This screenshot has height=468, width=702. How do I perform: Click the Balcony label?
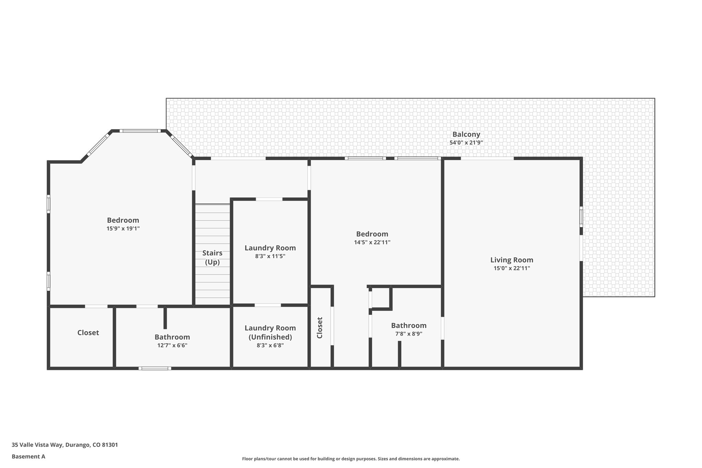466,134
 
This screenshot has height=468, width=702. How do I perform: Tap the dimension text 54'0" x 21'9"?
466,143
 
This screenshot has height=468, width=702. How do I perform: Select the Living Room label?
511,260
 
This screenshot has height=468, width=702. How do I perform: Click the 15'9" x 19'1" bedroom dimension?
123,228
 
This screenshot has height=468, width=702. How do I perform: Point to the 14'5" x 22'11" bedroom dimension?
372,242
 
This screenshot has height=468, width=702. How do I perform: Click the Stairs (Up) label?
212,257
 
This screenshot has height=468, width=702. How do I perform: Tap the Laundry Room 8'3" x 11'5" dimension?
270,256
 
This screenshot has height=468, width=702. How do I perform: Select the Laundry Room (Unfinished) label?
270,332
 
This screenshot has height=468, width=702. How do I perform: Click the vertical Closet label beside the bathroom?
320,328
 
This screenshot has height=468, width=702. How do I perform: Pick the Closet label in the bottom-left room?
88,333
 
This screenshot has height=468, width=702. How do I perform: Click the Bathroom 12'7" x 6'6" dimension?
172,345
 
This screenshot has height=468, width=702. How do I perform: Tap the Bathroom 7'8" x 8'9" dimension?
409,334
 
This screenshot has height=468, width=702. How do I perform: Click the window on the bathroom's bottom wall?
155,368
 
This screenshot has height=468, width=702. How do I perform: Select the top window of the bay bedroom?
140,131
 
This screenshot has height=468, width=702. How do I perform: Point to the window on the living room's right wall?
581,216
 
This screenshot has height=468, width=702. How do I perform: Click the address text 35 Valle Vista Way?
65,445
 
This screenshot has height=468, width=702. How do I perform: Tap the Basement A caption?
28,456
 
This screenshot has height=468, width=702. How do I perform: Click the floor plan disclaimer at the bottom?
351,459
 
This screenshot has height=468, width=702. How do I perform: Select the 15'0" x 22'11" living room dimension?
511,268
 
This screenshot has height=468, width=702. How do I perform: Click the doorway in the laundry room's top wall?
269,199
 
